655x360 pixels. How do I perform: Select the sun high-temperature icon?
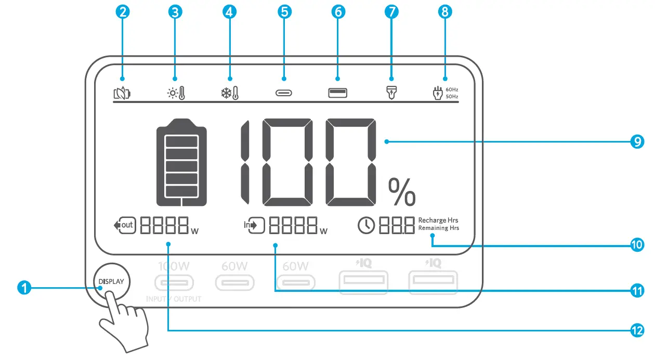tap(175, 94)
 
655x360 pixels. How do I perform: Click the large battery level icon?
tap(181, 162)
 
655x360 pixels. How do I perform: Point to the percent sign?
tap(402, 191)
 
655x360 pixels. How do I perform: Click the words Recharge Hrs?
tap(438, 220)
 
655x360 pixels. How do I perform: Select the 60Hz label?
tap(452, 89)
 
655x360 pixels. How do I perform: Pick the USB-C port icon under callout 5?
tap(284, 94)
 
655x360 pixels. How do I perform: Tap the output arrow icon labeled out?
tap(124, 225)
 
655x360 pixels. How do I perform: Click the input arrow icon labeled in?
tap(254, 225)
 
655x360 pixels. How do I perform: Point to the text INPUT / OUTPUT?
tap(174, 299)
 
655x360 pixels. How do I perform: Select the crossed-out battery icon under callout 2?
tap(122, 94)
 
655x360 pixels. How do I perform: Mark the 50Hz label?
tap(452, 97)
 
